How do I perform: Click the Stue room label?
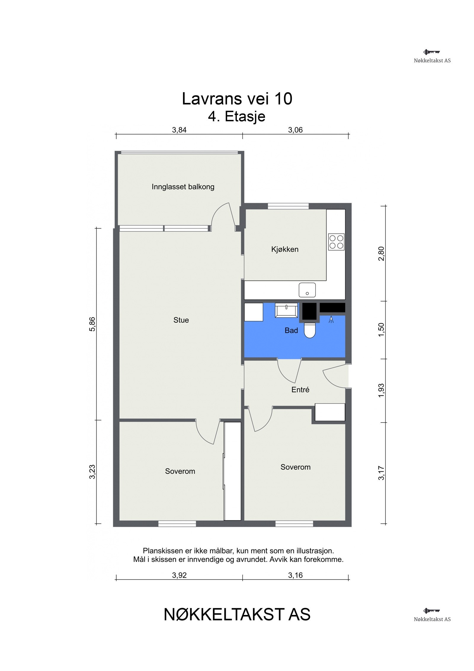click(x=181, y=320)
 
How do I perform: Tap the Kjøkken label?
click(x=285, y=249)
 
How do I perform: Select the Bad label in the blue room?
click(x=291, y=330)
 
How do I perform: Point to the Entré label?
click(x=300, y=390)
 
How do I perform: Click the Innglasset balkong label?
click(x=183, y=187)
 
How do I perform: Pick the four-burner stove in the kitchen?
click(x=336, y=242)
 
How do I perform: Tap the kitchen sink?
click(x=307, y=290)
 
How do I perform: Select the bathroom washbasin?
click(x=286, y=310)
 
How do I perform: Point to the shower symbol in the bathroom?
click(x=331, y=319)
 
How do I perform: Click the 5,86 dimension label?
click(x=92, y=324)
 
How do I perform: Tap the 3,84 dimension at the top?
click(x=179, y=130)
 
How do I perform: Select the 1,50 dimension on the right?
click(x=381, y=330)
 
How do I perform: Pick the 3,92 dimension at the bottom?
click(x=179, y=575)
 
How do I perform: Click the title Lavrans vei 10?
click(x=237, y=98)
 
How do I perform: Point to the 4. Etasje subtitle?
click(x=237, y=116)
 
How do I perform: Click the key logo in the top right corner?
click(x=431, y=52)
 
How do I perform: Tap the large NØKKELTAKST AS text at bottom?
click(x=237, y=614)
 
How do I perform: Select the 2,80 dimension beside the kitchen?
click(x=381, y=254)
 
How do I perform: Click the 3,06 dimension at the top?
click(x=295, y=130)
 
